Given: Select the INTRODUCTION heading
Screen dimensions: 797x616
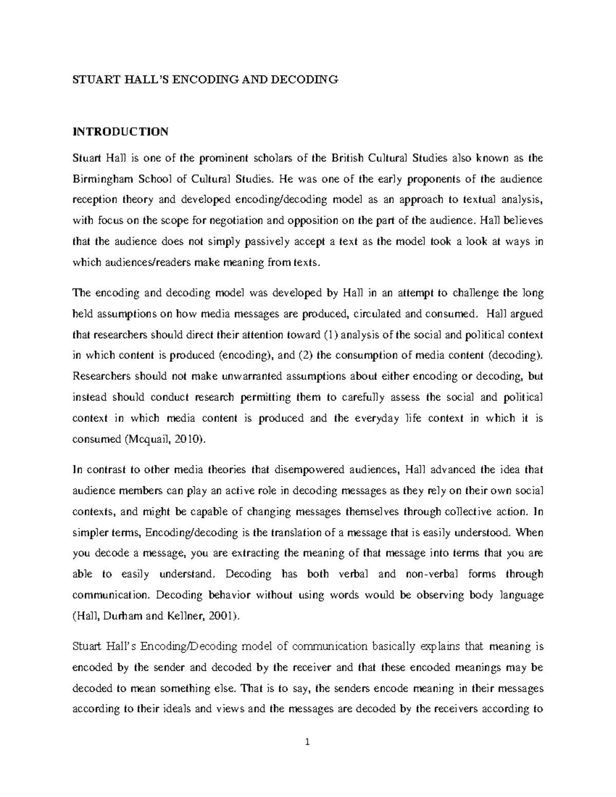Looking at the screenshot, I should tap(120, 132).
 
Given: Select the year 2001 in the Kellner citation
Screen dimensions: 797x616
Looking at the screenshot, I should tap(221, 617).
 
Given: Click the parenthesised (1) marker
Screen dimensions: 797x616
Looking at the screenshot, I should tap(331, 335).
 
